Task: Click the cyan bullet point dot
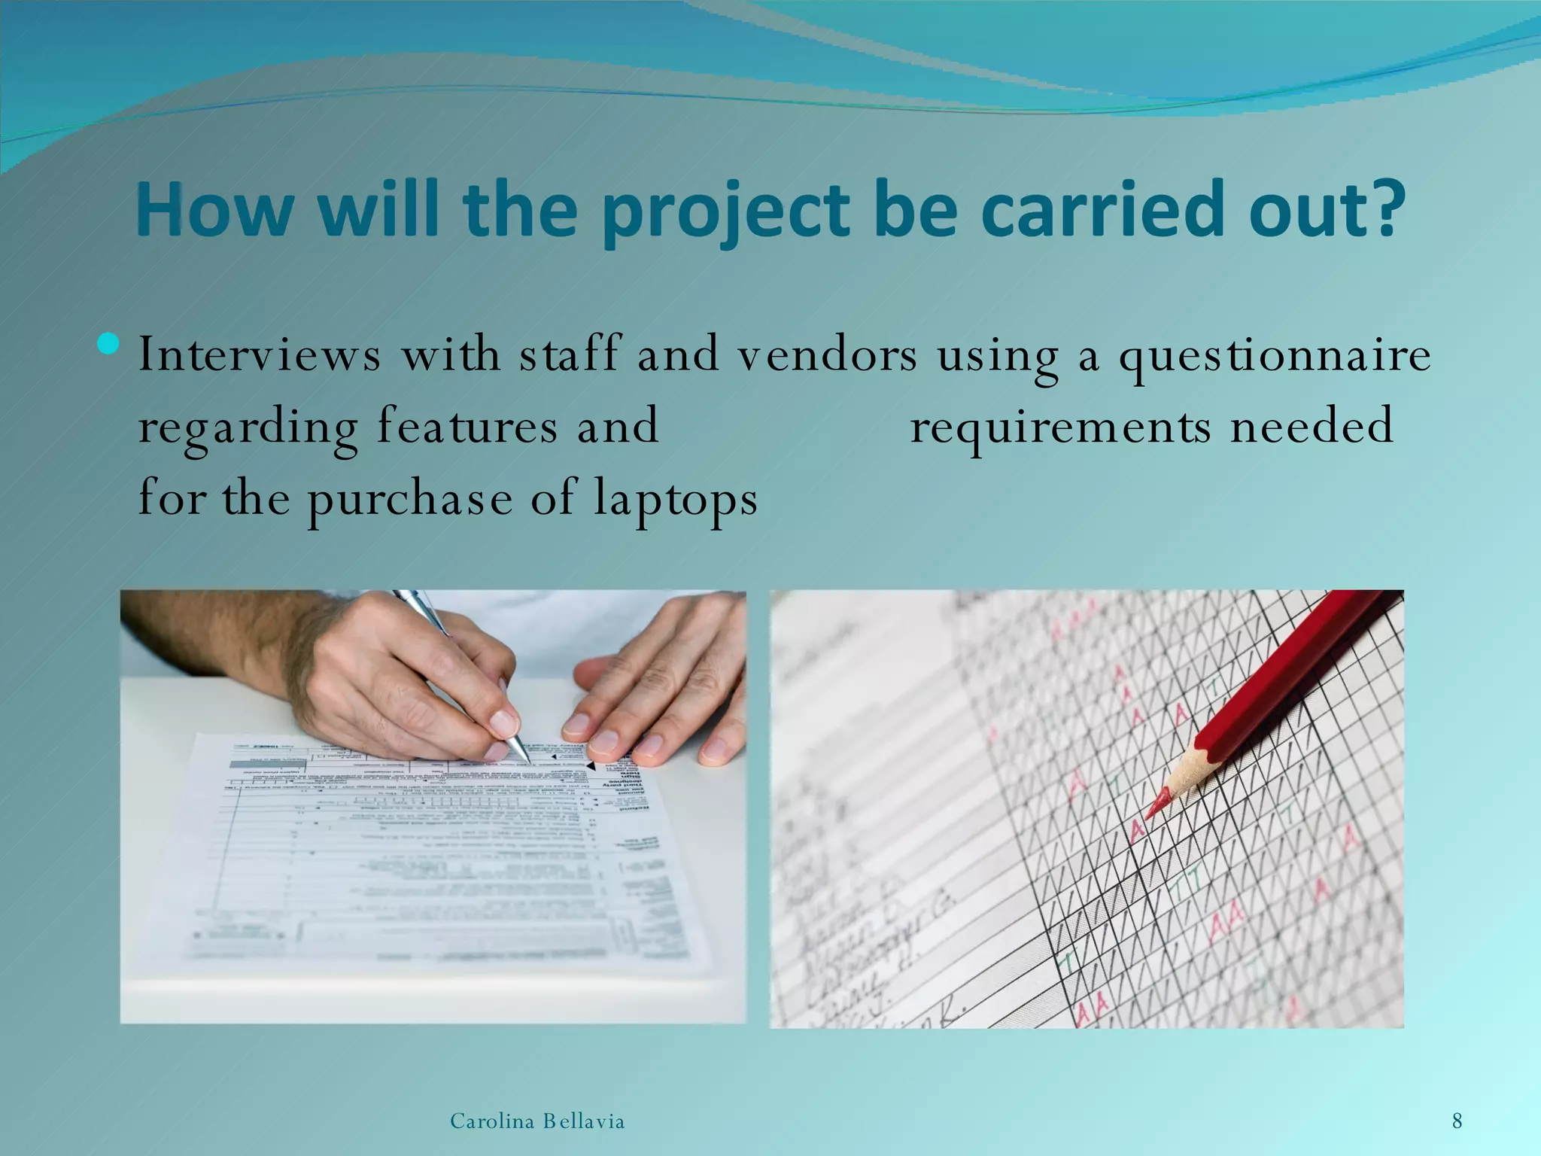pyautogui.click(x=108, y=344)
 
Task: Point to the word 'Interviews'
pyautogui.click(x=260, y=354)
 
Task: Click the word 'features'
pyautogui.click(x=467, y=426)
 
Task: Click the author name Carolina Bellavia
pyautogui.click(x=537, y=1122)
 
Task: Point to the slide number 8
pyautogui.click(x=1457, y=1121)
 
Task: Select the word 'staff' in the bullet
pyautogui.click(x=570, y=354)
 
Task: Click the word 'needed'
pyautogui.click(x=1312, y=426)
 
